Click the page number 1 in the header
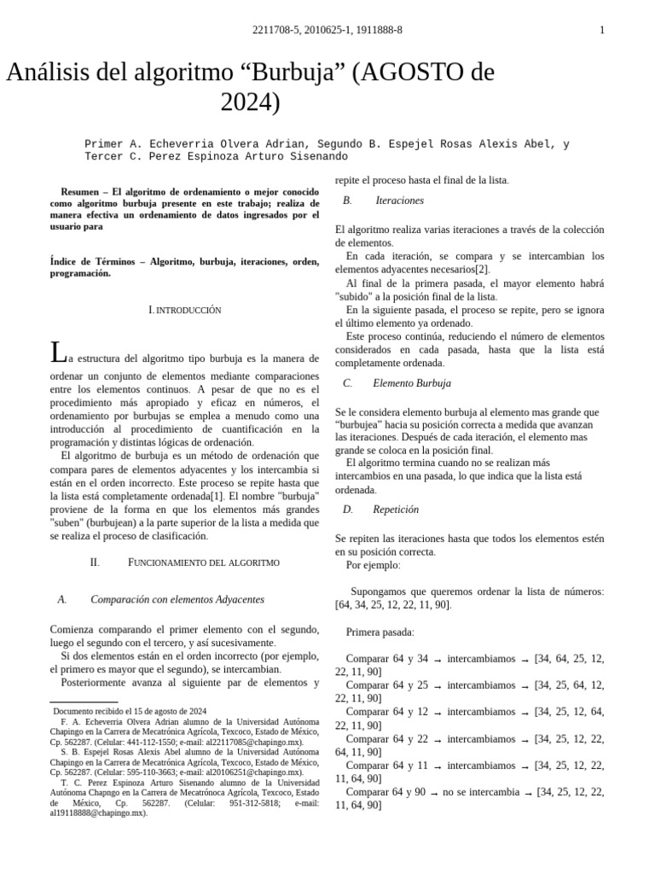(x=602, y=31)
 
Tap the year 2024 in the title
(x=250, y=102)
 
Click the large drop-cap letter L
(x=57, y=353)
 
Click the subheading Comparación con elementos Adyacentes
(x=177, y=599)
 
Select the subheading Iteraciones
(x=399, y=201)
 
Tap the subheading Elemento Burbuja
(x=412, y=383)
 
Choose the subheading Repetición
(x=396, y=510)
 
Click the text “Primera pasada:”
(x=380, y=632)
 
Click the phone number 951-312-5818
(x=255, y=803)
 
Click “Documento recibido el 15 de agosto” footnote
(x=130, y=711)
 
